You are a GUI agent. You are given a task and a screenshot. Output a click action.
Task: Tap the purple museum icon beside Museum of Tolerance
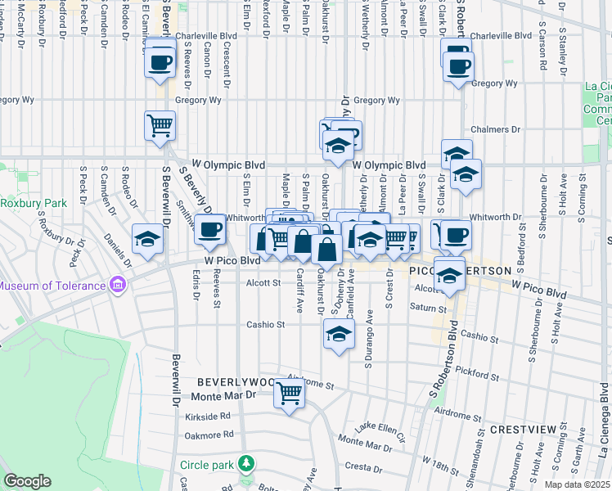pyautogui.click(x=118, y=286)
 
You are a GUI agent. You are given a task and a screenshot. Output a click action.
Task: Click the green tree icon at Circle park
pyautogui.click(x=245, y=465)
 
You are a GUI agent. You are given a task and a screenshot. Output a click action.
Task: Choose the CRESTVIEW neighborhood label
pyautogui.click(x=523, y=429)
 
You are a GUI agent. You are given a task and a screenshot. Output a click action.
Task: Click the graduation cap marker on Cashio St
pyautogui.click(x=339, y=332)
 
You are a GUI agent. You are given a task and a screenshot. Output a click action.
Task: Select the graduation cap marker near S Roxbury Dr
pyautogui.click(x=147, y=238)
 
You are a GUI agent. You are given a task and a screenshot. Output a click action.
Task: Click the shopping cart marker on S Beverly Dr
pyautogui.click(x=160, y=125)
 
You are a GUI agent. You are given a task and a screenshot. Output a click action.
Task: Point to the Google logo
pyautogui.click(x=27, y=481)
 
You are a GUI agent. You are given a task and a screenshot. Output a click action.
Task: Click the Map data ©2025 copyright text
pyautogui.click(x=577, y=484)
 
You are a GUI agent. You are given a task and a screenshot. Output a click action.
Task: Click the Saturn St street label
pyautogui.click(x=429, y=309)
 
